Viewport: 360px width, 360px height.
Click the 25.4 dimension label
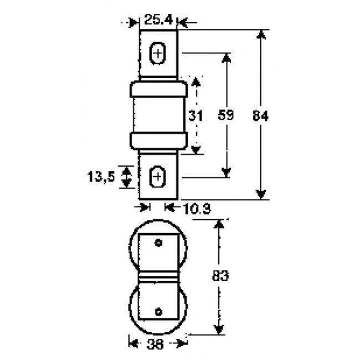157,21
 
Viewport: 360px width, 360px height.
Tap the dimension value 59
226,116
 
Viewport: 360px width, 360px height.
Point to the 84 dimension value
260,116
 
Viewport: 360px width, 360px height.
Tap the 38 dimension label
157,343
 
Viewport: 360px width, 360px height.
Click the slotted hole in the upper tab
158,54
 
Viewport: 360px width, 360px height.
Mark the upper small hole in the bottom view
158,243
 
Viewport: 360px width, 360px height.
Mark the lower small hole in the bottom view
158,311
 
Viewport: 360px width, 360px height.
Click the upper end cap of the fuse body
158,88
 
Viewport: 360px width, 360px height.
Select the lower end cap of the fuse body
158,141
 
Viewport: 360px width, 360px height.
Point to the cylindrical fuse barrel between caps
158,115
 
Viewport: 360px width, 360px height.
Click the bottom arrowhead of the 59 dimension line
226,172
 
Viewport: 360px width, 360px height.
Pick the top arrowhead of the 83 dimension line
219,225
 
